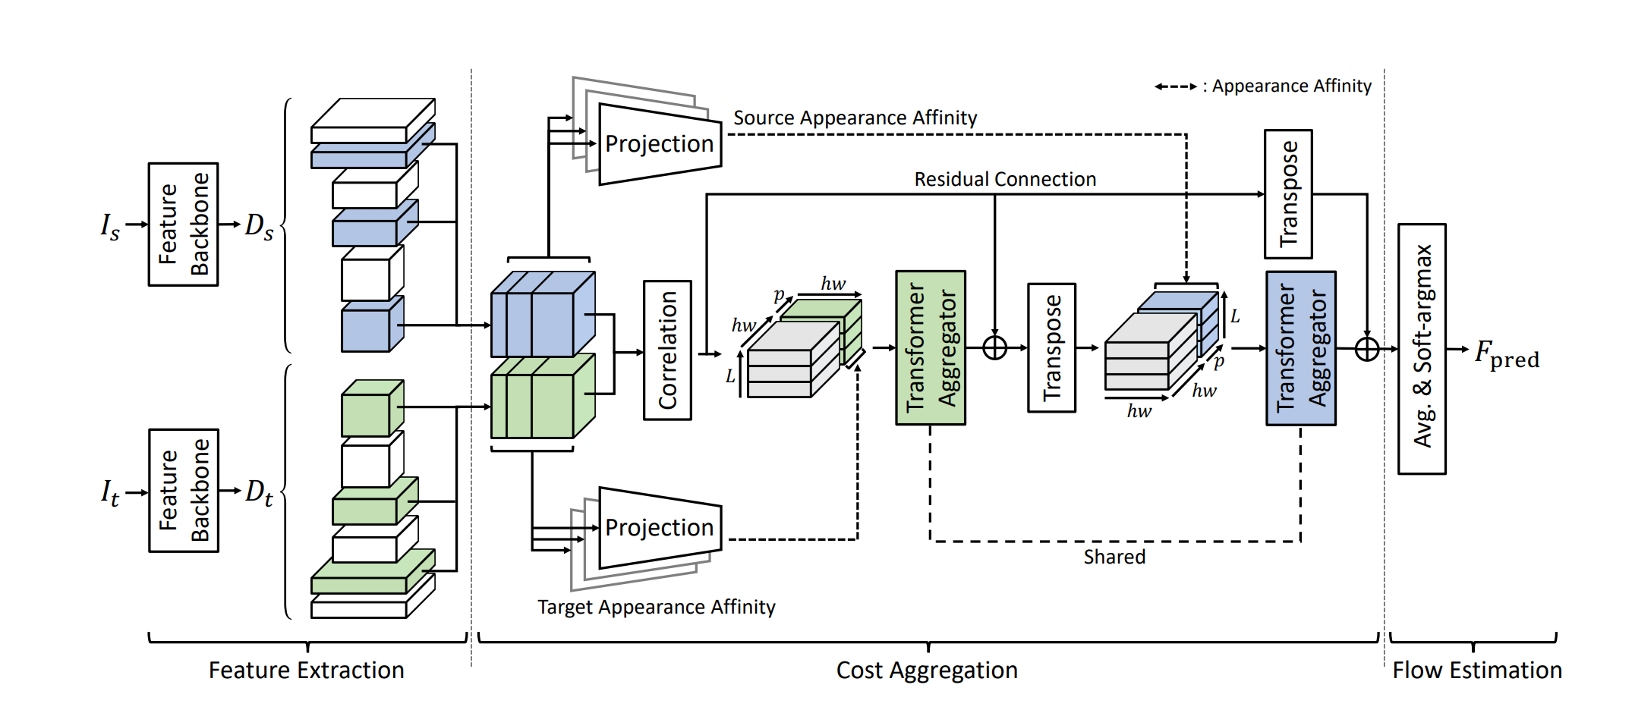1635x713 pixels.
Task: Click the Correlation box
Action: tap(667, 350)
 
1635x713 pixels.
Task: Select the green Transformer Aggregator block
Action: tap(931, 347)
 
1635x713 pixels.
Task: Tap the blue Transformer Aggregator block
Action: tap(1301, 348)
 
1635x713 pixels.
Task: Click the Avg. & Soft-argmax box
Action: tap(1422, 348)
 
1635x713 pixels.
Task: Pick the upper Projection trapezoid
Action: tap(660, 144)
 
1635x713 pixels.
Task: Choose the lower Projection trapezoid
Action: tap(660, 528)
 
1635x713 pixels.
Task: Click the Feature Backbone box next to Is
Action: tap(183, 225)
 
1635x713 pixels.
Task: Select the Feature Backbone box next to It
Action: tap(184, 491)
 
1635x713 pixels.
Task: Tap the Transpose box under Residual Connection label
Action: tap(1051, 348)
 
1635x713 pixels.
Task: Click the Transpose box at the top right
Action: tap(1288, 194)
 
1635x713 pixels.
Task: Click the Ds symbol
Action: tap(259, 226)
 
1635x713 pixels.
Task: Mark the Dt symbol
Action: tap(259, 492)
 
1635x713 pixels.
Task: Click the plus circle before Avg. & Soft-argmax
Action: tap(1367, 349)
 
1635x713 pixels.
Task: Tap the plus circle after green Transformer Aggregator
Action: tap(994, 348)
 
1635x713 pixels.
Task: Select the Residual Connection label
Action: tap(1005, 179)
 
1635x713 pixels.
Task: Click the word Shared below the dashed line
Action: tap(1114, 557)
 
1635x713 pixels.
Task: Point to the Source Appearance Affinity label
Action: tap(855, 118)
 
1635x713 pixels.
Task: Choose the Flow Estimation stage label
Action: tap(1476, 671)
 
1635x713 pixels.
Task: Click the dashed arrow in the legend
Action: tap(1175, 86)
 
